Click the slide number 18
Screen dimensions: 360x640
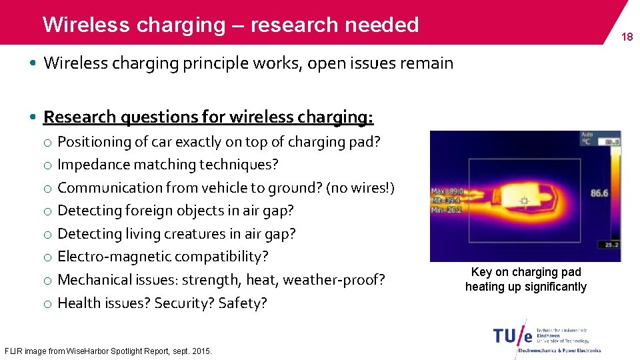(x=627, y=37)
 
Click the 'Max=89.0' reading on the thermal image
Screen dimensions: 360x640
(x=447, y=191)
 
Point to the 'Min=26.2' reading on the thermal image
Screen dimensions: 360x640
(x=446, y=209)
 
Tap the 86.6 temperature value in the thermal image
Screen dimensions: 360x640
(x=599, y=193)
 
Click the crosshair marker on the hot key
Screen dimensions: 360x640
(x=524, y=200)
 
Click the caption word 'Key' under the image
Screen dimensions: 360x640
(x=481, y=272)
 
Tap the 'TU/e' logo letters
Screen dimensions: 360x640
(x=513, y=335)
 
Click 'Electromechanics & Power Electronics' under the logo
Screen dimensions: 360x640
(x=560, y=350)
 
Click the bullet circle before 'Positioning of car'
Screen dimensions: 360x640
(x=48, y=142)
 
